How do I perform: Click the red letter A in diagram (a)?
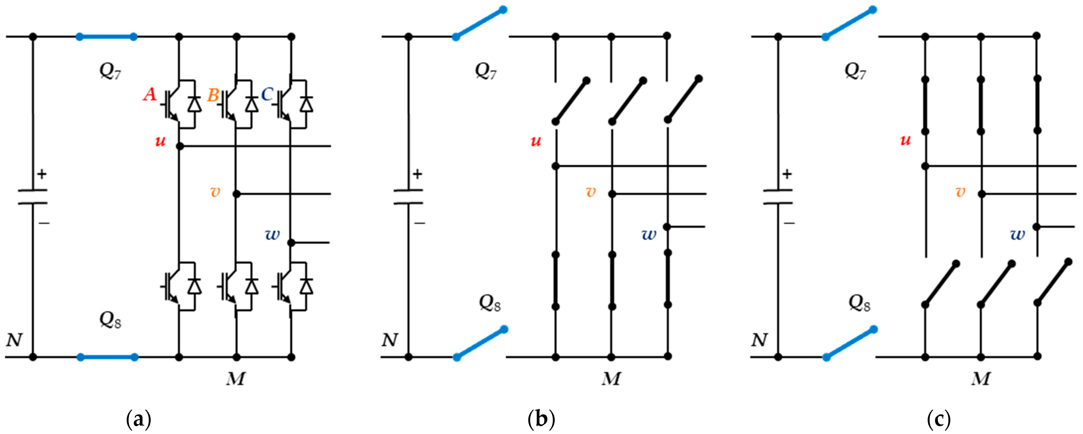coord(150,94)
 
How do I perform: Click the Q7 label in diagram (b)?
coord(486,71)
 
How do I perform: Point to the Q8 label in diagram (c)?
coord(859,303)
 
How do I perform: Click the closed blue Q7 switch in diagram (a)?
coord(106,37)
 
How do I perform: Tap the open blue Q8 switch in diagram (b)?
coord(480,344)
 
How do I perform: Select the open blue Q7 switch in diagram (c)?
coord(849,23)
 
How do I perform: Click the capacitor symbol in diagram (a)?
coord(33,197)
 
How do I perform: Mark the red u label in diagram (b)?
coord(536,141)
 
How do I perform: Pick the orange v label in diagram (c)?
coord(960,192)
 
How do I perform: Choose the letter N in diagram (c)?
coord(759,340)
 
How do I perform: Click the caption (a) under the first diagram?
coord(138,419)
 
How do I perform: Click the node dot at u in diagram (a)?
coord(180,146)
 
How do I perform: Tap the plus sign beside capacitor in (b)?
coord(417,174)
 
